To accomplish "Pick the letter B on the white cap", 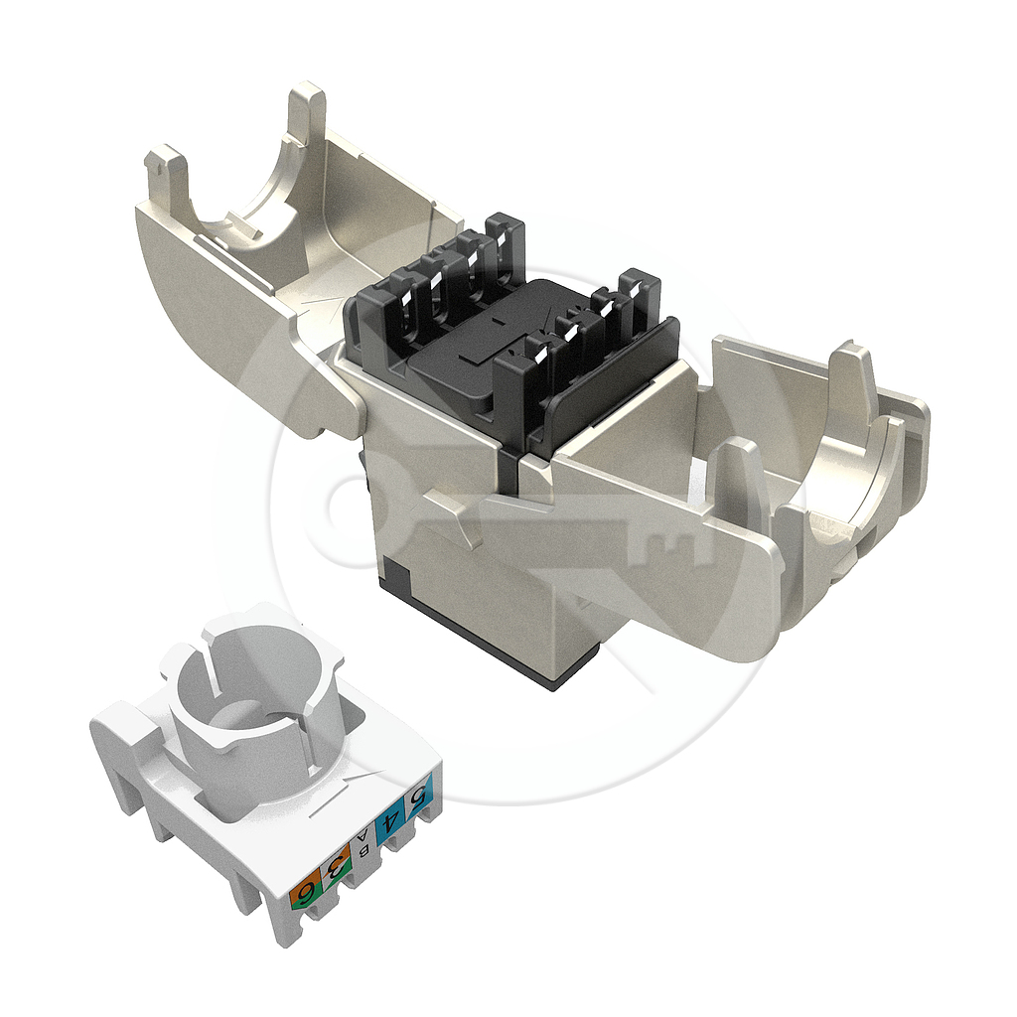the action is click(x=363, y=851).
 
